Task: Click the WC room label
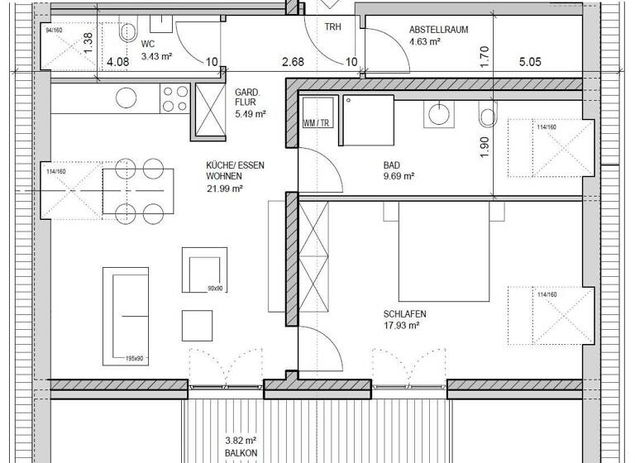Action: pos(148,43)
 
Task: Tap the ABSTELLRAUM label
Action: pos(438,30)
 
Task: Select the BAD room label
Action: pos(393,165)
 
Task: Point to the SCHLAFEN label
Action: pos(405,314)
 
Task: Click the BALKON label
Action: pos(241,453)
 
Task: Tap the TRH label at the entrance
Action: pos(332,26)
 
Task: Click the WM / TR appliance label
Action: pos(316,122)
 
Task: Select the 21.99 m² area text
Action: pos(224,189)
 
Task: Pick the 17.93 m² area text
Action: pos(402,326)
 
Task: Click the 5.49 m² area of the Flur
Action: pos(250,114)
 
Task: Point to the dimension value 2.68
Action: pos(293,62)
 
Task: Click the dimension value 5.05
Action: pos(530,62)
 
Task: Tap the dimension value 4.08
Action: pos(117,62)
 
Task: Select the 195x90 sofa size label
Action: pos(136,358)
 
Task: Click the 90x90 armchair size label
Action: pos(216,289)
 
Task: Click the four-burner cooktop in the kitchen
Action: pos(174,98)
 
